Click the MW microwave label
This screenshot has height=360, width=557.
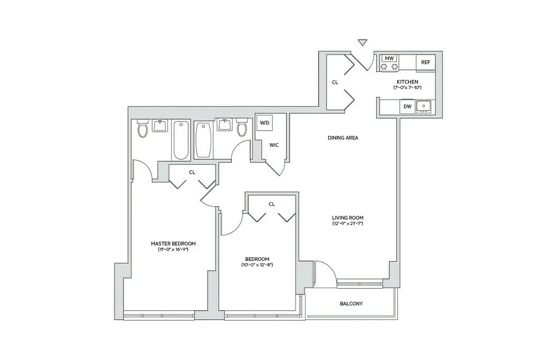pos(389,58)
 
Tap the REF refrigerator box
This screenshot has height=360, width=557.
pos(426,63)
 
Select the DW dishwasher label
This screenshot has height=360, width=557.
pos(407,107)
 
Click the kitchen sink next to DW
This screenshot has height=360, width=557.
pos(424,106)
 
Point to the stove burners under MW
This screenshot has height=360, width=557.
pos(389,67)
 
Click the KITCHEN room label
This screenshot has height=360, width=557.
pos(407,82)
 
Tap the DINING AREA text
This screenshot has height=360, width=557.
pos(343,138)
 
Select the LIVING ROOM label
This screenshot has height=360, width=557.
pos(348,218)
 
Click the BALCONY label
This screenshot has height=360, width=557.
pos(351,304)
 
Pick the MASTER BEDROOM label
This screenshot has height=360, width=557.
pos(173,243)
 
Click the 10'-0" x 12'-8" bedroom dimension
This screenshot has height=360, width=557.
pos(257,265)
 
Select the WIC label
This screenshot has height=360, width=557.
pos(274,145)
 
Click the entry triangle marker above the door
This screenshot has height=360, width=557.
pos(362,43)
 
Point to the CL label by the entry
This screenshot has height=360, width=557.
pos(335,82)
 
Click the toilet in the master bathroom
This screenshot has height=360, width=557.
pos(143,129)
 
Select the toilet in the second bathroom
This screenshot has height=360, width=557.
pos(242,128)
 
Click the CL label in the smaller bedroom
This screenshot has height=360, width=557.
pos(272,204)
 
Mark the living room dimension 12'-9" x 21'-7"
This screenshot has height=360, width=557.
pos(348,223)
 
